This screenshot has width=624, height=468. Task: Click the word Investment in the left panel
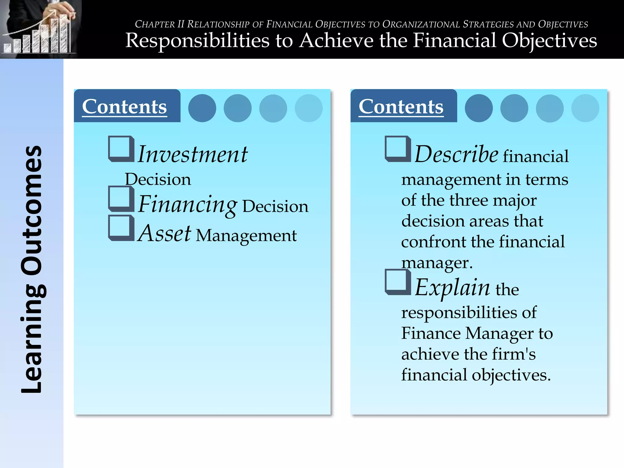(x=193, y=154)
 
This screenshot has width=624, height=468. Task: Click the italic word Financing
(x=187, y=204)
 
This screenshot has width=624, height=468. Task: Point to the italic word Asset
(x=165, y=233)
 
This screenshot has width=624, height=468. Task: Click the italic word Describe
(x=456, y=154)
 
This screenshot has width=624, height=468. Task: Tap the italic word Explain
(x=452, y=287)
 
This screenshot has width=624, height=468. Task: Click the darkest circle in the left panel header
(x=202, y=108)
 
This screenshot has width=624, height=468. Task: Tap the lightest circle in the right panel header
(x=585, y=108)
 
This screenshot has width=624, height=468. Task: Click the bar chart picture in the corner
(x=40, y=29)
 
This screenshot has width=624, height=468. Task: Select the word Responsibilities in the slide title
(x=197, y=40)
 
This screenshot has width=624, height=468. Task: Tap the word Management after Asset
(x=246, y=236)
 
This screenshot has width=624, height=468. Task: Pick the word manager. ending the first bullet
(x=437, y=263)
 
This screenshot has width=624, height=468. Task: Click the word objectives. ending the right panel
(x=511, y=375)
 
